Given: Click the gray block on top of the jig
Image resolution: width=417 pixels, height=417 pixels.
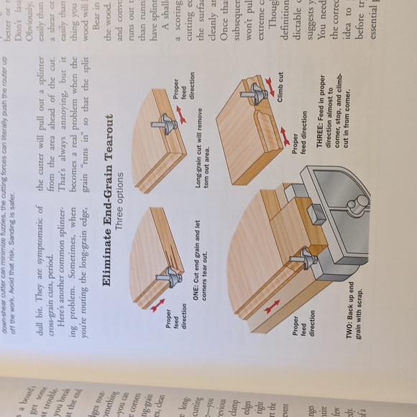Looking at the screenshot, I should click(312, 213).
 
